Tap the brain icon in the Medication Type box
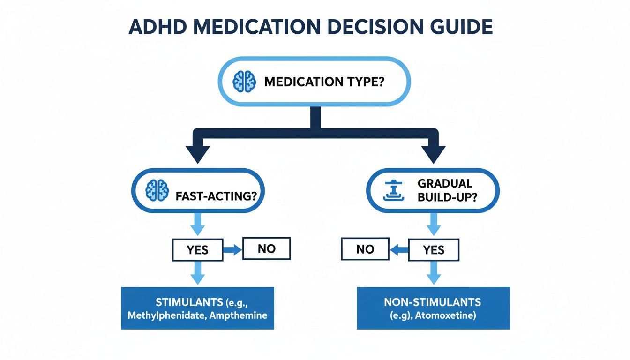click(x=244, y=82)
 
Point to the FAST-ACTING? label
click(x=217, y=196)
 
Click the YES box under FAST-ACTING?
click(x=197, y=250)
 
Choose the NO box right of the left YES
click(x=266, y=248)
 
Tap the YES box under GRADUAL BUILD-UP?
click(x=434, y=250)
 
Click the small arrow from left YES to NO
click(x=232, y=250)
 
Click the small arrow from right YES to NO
click(x=399, y=250)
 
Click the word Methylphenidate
click(x=164, y=315)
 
